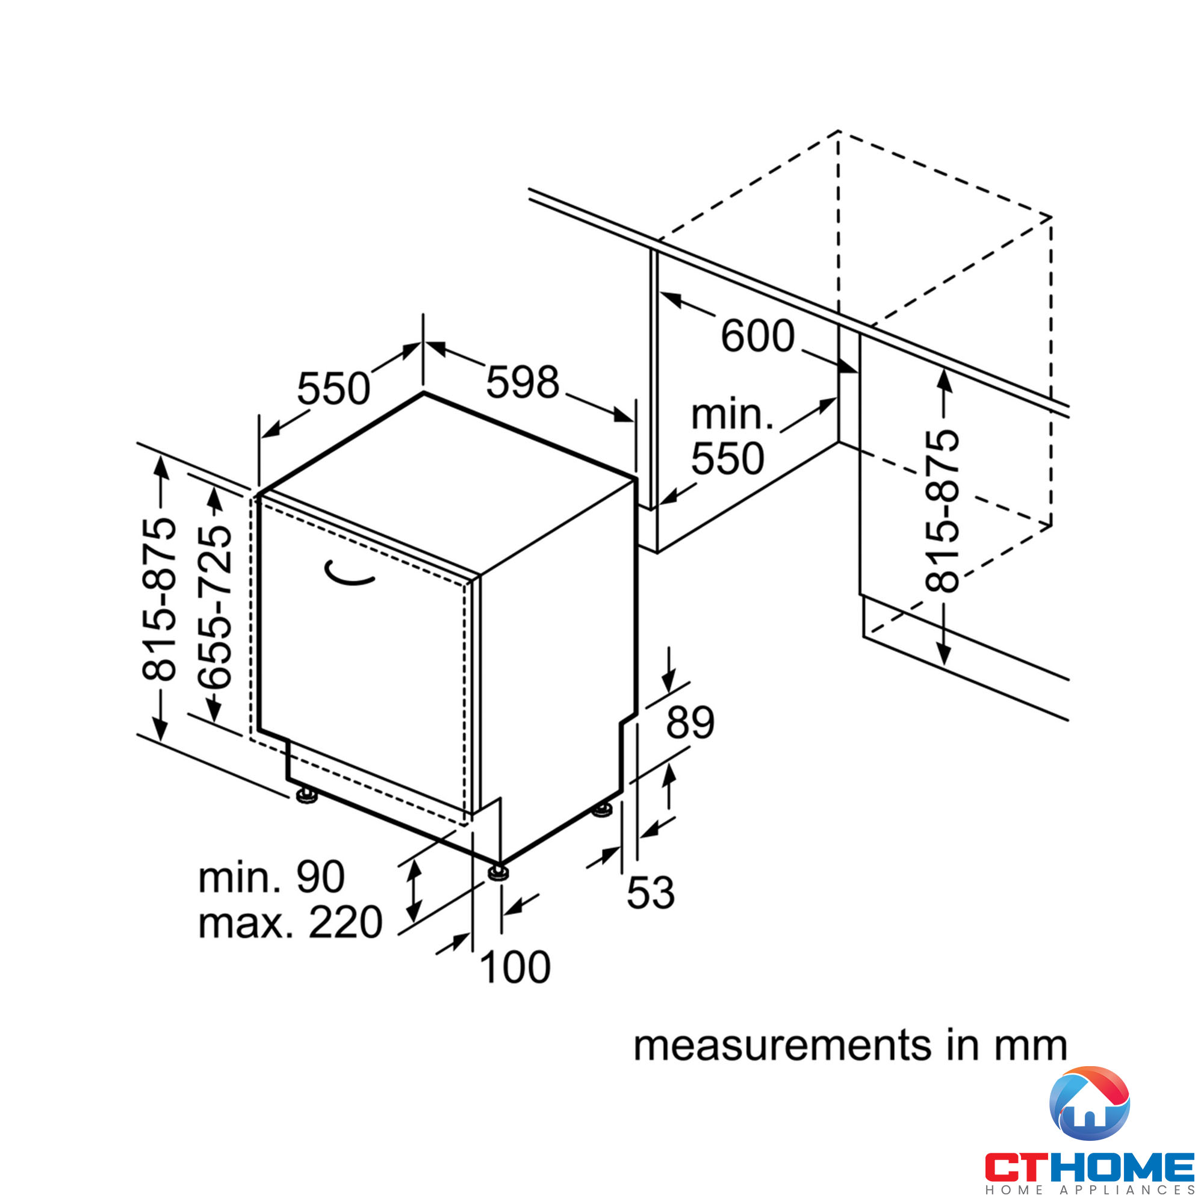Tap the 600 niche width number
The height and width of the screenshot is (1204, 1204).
pos(757,336)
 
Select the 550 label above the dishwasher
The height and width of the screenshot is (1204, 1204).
pos(334,388)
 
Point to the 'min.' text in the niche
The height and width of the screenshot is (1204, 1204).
pos(732,414)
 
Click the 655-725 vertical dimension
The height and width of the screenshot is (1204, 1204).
pos(214,606)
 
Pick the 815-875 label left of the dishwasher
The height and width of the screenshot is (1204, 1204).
pos(158,598)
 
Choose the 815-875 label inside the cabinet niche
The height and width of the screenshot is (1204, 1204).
pos(942,510)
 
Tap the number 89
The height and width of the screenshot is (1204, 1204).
pos(690,722)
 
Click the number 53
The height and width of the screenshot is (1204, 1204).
pos(651,892)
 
